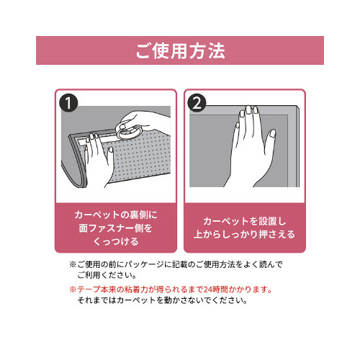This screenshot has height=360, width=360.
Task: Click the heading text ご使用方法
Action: tap(180, 52)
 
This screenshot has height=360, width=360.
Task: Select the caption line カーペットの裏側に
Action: tap(115, 215)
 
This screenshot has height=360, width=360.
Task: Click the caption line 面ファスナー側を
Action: tap(115, 228)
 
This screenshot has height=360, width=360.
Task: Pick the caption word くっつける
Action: tap(115, 242)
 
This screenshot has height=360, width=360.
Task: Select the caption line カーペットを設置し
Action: tap(244, 221)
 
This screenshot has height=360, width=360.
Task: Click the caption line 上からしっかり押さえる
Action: tap(244, 235)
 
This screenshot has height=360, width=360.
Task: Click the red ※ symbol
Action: tap(73, 289)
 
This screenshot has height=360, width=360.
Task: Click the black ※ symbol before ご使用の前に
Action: tap(73, 264)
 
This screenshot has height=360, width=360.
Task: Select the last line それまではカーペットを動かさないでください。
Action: tap(162, 300)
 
